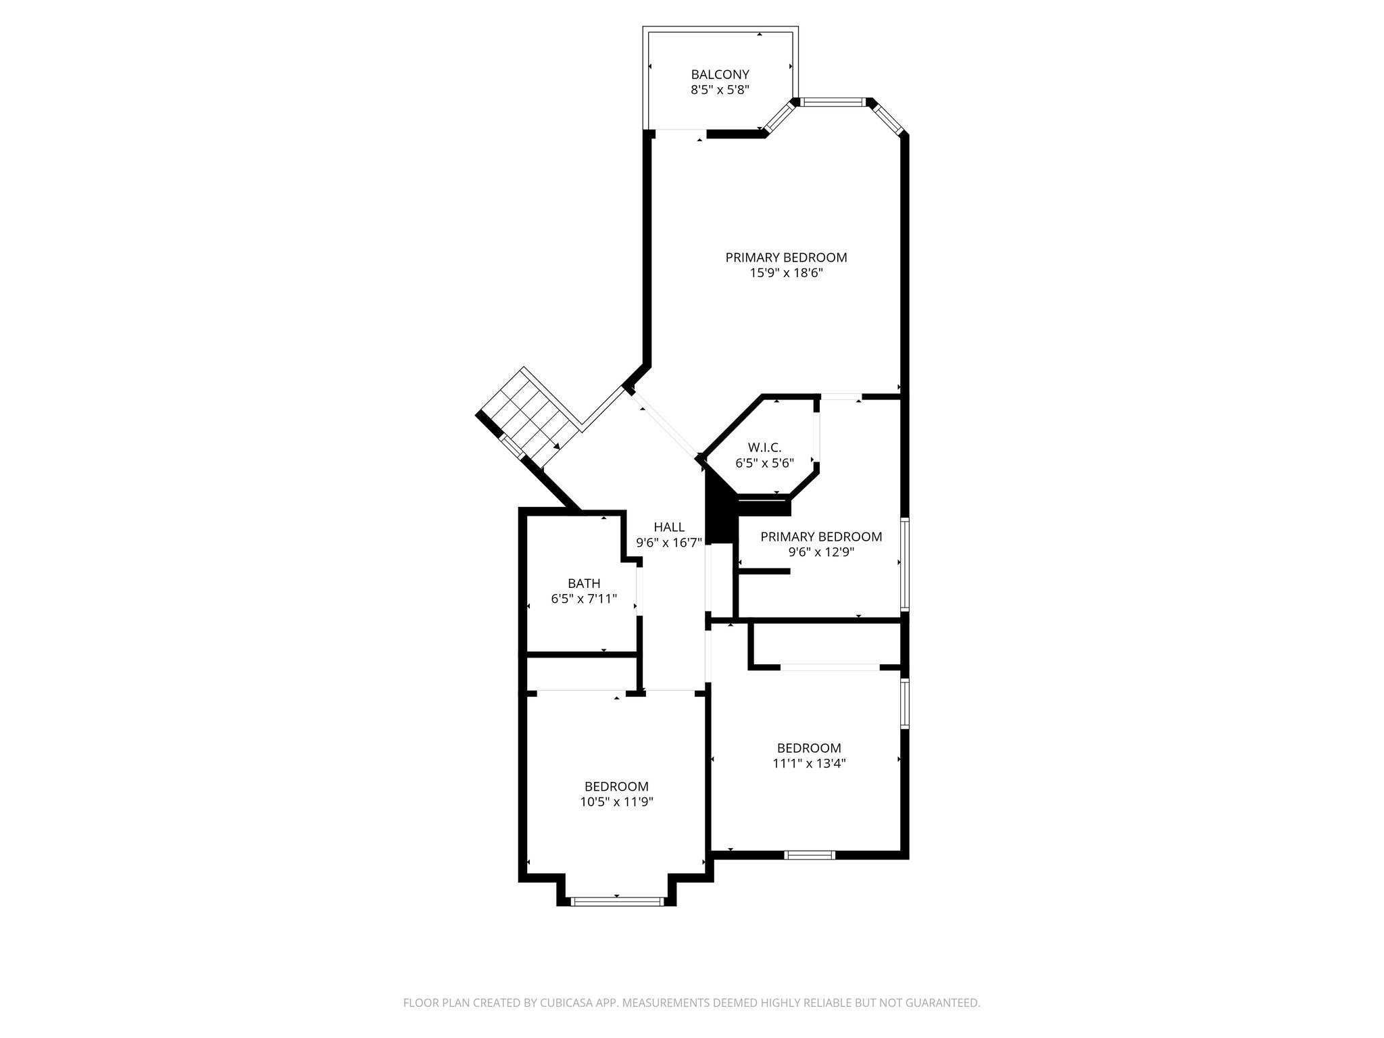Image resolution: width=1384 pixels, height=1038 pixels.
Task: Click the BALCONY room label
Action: click(720, 74)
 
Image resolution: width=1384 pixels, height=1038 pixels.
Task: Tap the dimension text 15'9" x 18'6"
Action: click(786, 273)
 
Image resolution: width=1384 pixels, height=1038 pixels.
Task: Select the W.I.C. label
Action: click(764, 447)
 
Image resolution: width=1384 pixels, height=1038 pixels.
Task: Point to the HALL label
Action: click(669, 527)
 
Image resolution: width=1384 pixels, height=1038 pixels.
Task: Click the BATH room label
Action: click(584, 583)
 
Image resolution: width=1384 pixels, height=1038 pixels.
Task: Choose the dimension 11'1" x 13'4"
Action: click(809, 764)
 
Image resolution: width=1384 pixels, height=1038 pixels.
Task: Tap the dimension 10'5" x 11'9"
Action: click(616, 802)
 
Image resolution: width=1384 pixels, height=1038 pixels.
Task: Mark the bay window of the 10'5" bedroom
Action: click(616, 901)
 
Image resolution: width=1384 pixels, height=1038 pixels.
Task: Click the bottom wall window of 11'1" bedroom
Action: click(810, 855)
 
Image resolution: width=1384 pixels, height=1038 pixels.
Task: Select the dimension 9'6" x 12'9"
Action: click(821, 551)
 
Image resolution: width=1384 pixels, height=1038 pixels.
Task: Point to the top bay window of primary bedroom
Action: click(833, 103)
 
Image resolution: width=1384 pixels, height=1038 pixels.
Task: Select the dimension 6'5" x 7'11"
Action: click(584, 599)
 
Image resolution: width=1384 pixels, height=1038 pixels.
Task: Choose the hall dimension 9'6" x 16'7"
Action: click(669, 542)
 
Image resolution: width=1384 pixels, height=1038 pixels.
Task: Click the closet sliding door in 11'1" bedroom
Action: click(830, 667)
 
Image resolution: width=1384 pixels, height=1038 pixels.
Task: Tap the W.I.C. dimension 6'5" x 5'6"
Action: click(764, 463)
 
